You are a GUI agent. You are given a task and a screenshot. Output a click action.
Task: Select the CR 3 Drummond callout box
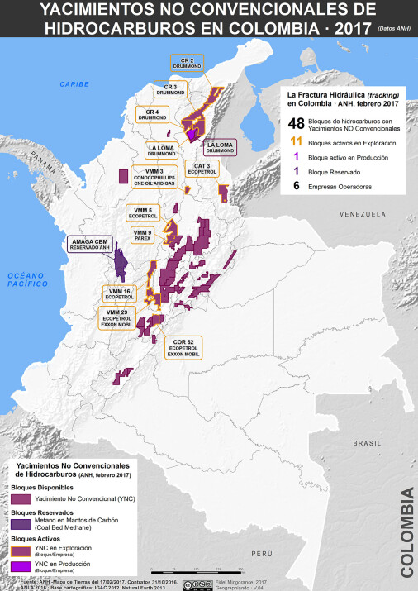(171, 88)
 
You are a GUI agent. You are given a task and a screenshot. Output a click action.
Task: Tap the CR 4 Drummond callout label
(152, 114)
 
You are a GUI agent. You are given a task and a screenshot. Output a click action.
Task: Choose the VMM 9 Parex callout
(143, 236)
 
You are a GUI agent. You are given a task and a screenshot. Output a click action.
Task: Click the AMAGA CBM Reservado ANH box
(90, 245)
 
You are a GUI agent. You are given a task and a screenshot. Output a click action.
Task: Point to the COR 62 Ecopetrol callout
(183, 348)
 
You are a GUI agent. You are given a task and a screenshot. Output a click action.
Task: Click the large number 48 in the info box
(295, 125)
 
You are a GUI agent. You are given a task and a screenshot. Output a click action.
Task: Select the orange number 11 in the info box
(295, 143)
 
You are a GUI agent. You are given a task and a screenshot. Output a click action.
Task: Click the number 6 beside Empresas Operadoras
(295, 187)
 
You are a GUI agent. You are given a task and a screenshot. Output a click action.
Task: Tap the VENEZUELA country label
(361, 214)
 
